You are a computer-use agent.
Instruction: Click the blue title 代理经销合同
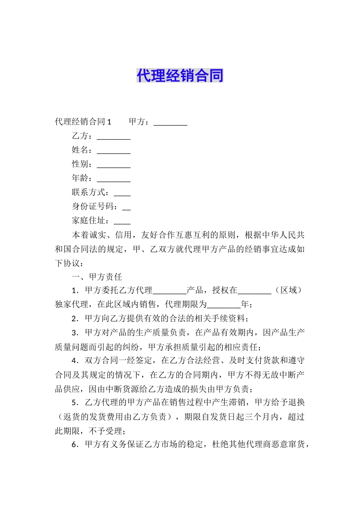180,76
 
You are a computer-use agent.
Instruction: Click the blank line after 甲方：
171,122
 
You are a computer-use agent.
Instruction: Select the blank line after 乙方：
114,136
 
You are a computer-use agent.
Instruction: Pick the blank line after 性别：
114,165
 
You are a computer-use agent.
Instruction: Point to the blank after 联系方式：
122,193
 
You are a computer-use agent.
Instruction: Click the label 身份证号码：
95,206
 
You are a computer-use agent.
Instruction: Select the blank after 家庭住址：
122,222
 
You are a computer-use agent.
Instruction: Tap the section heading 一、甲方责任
97,277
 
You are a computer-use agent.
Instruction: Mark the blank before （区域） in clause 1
255,291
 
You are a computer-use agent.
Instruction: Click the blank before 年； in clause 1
224,305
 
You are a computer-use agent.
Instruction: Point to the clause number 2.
75,319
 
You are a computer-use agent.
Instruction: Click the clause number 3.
75,333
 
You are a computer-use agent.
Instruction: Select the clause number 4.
75,361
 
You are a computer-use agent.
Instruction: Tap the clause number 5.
75,403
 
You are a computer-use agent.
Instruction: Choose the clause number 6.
75,445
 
